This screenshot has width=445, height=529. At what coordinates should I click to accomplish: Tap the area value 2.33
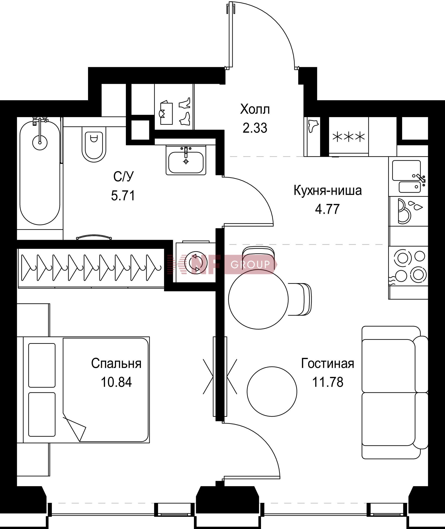point(255,128)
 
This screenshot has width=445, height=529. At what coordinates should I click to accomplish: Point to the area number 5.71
point(123,195)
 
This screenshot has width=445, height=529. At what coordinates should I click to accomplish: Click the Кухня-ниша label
point(328,191)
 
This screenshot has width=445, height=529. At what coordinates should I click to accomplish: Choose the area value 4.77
point(327,209)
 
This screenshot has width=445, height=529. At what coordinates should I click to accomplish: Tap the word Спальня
point(116,364)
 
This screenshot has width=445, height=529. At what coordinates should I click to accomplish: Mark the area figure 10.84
point(116,382)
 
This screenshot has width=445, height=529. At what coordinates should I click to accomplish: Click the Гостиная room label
point(328,364)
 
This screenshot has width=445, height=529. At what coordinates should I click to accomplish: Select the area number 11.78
point(328,382)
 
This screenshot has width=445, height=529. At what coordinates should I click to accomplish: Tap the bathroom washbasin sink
point(186,160)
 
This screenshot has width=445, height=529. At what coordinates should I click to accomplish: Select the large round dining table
point(258,299)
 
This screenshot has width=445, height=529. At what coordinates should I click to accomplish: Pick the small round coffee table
point(272,391)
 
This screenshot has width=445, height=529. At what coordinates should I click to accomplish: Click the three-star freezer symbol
point(349,137)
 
